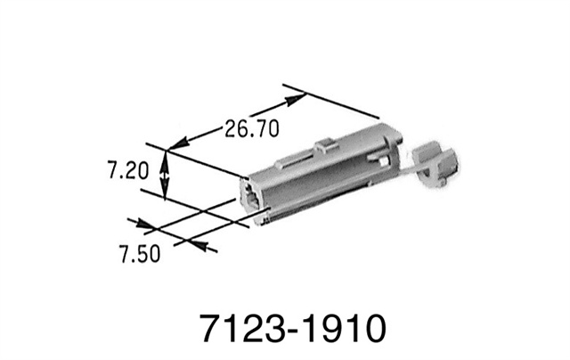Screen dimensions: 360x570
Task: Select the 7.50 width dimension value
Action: point(140,254)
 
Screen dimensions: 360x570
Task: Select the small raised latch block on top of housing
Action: point(325,148)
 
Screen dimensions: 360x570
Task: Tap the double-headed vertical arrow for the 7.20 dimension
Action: point(165,175)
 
